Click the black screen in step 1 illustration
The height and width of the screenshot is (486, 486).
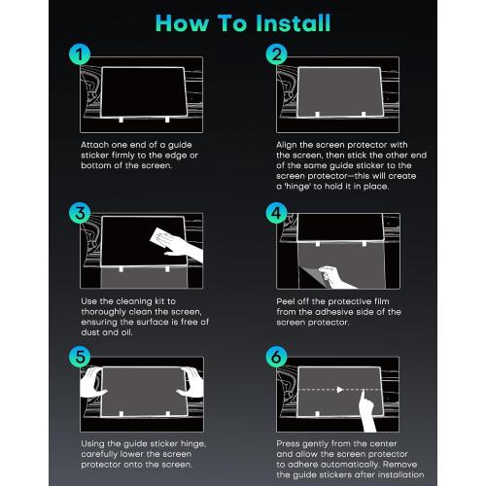139,92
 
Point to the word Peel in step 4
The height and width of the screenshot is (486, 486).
287,301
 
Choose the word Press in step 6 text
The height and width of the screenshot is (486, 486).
289,442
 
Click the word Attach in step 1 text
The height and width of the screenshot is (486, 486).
94,143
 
